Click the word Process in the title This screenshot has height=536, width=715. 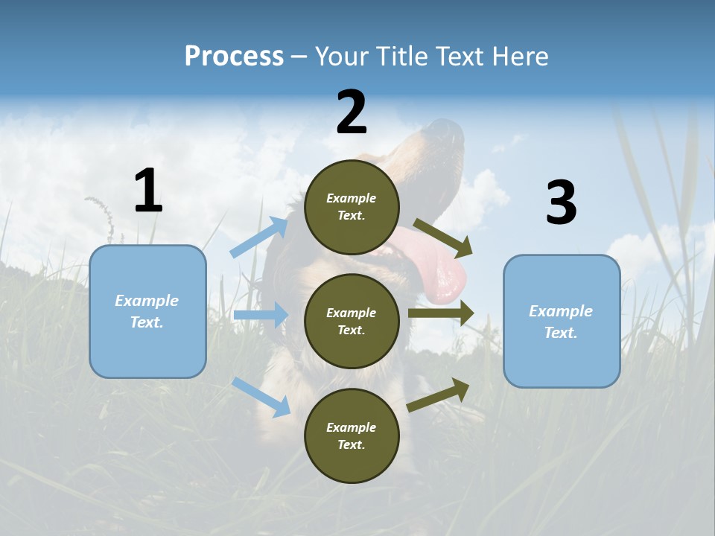click(234, 57)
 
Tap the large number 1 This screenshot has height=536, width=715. click(148, 191)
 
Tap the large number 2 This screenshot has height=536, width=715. click(352, 112)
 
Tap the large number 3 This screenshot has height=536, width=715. click(561, 203)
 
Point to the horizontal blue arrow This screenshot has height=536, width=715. click(260, 315)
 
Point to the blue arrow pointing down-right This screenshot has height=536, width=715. click(261, 397)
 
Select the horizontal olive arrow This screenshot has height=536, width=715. click(440, 313)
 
